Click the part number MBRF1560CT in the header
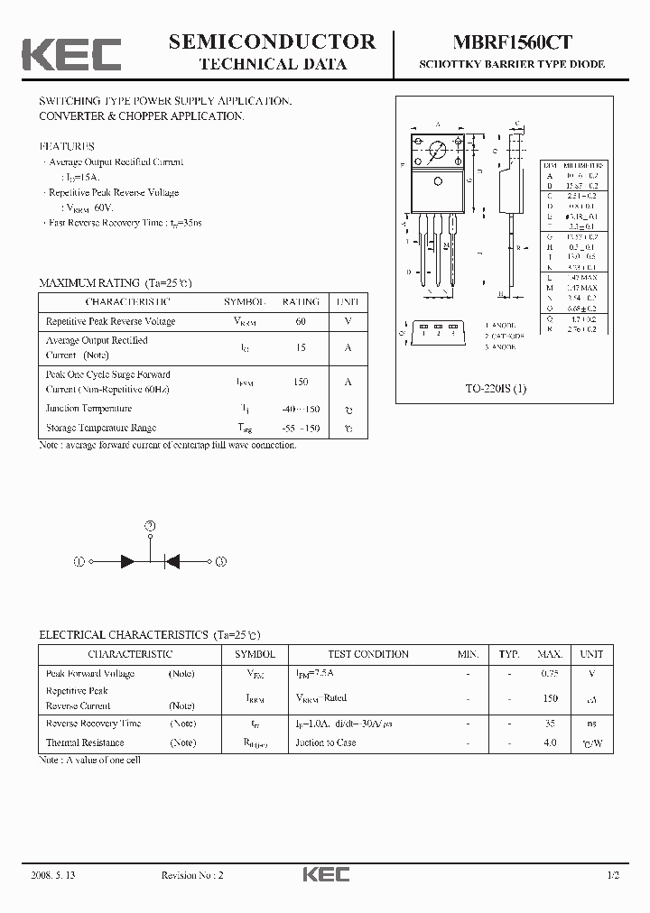pos(511,41)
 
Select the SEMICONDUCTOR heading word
pos(272,41)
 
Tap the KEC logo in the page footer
pos(325,874)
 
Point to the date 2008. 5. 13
pos(53,875)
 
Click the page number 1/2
pos(614,875)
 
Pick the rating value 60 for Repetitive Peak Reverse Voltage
pos(300,321)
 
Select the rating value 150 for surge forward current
pos(301,382)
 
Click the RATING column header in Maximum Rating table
pos(301,302)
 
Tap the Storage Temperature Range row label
pos(101,428)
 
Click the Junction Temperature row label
pos(88,409)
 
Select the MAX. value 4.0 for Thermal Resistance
pos(550,742)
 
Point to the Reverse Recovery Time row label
pos(94,724)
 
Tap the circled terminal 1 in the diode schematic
pos(79,561)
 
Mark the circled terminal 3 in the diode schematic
pos(221,561)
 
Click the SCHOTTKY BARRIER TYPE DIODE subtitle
pos(511,65)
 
